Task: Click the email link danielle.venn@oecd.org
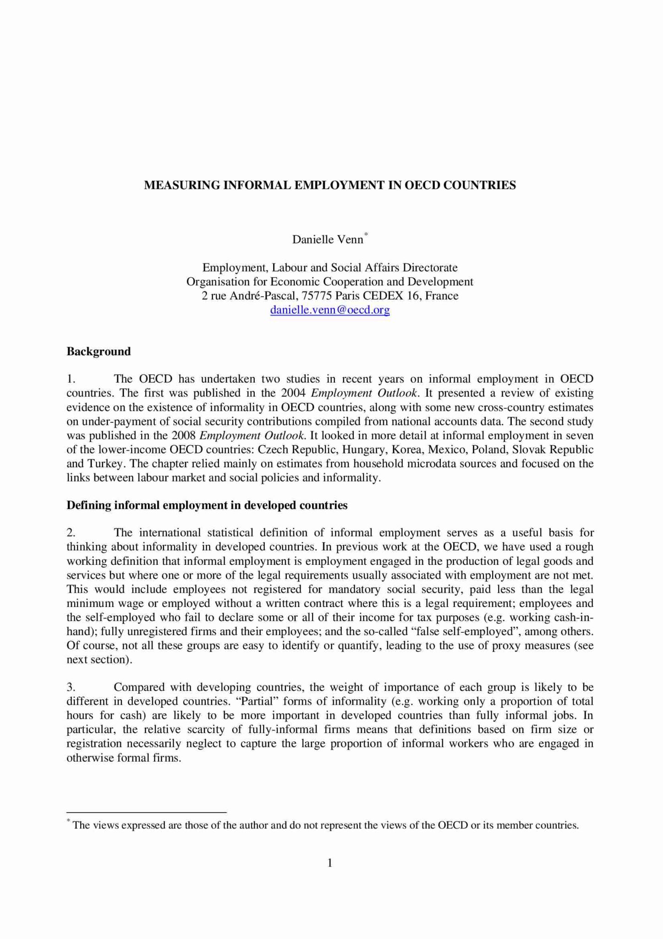click(330, 310)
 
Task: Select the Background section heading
click(99, 352)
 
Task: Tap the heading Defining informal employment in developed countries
click(207, 506)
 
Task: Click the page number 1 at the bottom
click(330, 863)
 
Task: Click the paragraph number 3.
click(71, 687)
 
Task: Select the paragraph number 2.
click(71, 533)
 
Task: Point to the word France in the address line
click(442, 296)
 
